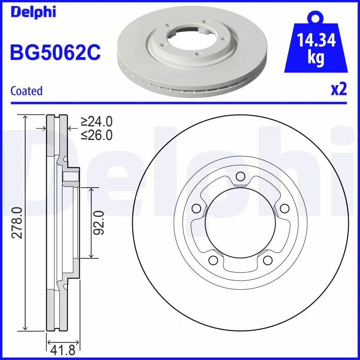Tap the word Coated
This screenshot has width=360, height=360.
[26, 90]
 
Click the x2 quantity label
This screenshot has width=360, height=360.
[339, 90]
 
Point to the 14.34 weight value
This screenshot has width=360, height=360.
[316, 41]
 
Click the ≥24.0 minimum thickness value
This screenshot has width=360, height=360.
[96, 121]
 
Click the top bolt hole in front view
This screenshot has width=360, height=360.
[240, 176]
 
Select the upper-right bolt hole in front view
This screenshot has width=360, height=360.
[284, 208]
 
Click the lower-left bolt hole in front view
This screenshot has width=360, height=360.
[212, 260]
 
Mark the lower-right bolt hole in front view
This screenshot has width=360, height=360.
[267, 260]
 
